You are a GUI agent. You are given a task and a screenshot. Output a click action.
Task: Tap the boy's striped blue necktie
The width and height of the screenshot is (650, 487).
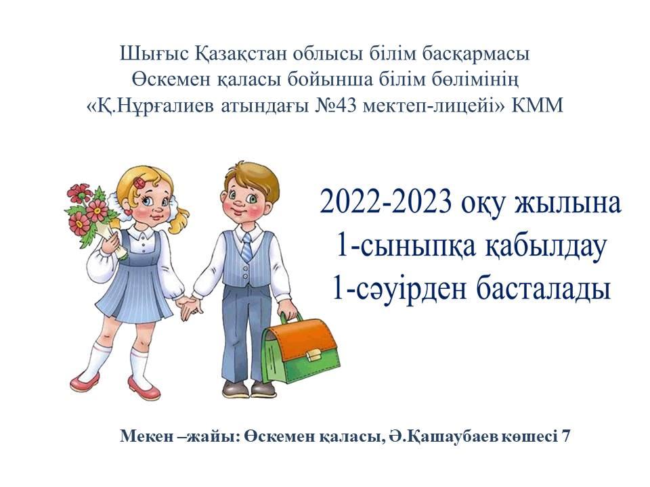click(246, 247)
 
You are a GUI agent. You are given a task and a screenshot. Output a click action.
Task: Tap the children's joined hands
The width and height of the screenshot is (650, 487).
click(189, 305)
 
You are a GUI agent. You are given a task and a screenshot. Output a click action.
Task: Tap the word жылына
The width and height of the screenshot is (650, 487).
click(567, 202)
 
